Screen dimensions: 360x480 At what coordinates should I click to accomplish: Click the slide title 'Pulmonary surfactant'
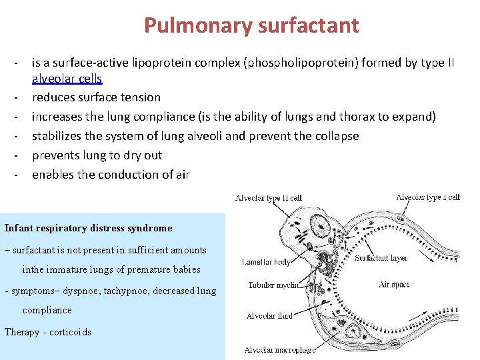click(251, 25)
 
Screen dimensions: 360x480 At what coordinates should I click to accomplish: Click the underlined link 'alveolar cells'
click(67, 79)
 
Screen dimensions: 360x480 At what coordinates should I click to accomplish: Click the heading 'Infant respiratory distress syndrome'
click(88, 228)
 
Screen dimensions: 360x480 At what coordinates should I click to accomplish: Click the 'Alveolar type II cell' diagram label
click(269, 198)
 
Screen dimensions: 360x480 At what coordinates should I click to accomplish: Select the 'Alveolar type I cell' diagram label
click(428, 197)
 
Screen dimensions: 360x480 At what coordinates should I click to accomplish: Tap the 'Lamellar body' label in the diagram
click(266, 262)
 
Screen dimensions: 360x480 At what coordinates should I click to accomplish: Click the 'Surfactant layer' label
click(381, 258)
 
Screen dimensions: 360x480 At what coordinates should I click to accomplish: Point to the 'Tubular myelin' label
click(273, 285)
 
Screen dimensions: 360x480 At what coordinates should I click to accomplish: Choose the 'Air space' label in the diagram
click(394, 285)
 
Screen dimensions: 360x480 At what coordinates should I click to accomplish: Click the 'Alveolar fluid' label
click(269, 316)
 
